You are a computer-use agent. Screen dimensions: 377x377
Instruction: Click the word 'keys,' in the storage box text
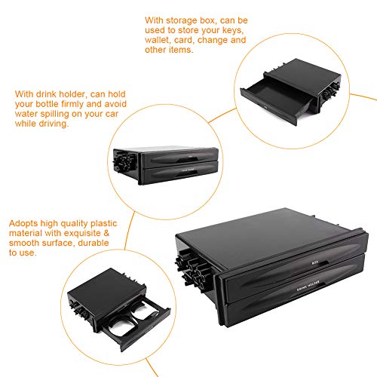click(x=233, y=31)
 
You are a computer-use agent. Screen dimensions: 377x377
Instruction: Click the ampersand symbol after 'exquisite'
click(x=106, y=233)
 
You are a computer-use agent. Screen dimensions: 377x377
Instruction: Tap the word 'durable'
click(x=93, y=243)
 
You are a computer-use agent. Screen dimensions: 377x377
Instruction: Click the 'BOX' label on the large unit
click(x=315, y=262)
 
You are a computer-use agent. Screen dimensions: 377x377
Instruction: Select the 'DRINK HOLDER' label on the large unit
click(x=308, y=286)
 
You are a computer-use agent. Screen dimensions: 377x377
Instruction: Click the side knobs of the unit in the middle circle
click(x=124, y=161)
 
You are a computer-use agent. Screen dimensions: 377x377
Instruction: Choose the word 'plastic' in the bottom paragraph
click(x=104, y=224)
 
